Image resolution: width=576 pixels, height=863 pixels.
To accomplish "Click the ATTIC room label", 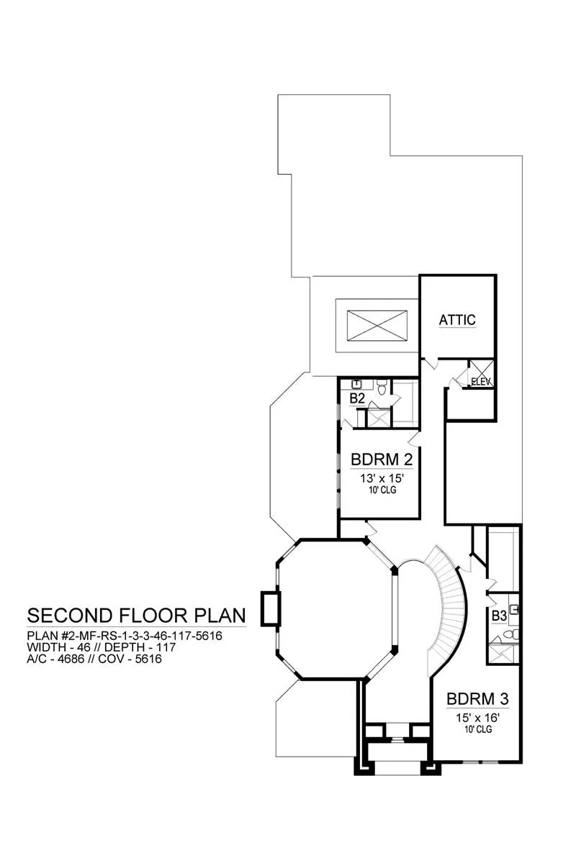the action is (457, 320).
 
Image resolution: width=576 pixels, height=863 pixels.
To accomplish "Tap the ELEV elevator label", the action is (481, 382).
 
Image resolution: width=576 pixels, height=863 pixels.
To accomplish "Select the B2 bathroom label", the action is (357, 398).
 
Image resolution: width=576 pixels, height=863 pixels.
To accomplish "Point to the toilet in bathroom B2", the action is (382, 387).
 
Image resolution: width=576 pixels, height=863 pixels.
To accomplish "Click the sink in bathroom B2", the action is (357, 384).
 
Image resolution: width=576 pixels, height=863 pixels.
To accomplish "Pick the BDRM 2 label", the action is (382, 460).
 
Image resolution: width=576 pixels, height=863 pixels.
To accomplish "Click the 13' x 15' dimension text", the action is (382, 478).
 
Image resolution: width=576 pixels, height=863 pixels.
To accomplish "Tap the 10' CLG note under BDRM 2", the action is (382, 490).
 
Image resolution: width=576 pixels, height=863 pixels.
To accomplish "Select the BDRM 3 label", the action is (477, 698).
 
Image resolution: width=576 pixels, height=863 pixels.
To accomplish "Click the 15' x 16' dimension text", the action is (478, 718).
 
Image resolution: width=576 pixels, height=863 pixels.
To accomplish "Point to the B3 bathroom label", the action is (498, 616).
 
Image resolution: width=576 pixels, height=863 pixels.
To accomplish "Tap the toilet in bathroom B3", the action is (512, 634).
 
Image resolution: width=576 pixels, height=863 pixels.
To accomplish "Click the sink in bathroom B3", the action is (514, 609).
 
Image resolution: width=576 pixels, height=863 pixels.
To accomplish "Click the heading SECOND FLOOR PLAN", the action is (136, 616).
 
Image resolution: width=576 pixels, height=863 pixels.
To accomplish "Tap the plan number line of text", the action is (125, 635).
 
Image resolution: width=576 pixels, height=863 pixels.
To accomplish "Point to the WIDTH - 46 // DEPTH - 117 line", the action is (101, 647).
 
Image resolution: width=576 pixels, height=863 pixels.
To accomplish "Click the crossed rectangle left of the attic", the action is (377, 326).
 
